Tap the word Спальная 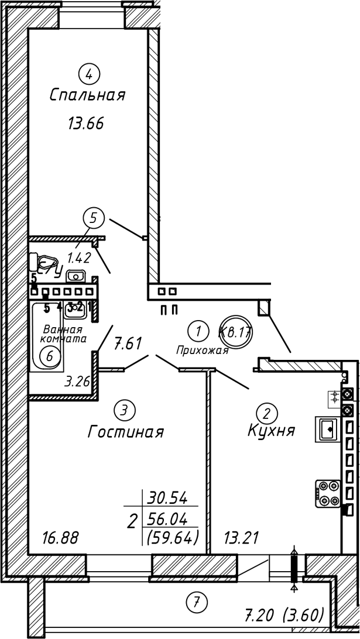point(88,95)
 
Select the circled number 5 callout point(93,218)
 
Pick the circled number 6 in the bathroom point(49,355)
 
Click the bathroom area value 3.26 point(76,383)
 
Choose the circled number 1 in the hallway point(200,331)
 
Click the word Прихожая point(202,350)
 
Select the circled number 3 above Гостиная point(124,410)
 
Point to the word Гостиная point(125,432)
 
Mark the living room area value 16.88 point(60,537)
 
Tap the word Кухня point(270,432)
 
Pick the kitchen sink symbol point(327,428)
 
